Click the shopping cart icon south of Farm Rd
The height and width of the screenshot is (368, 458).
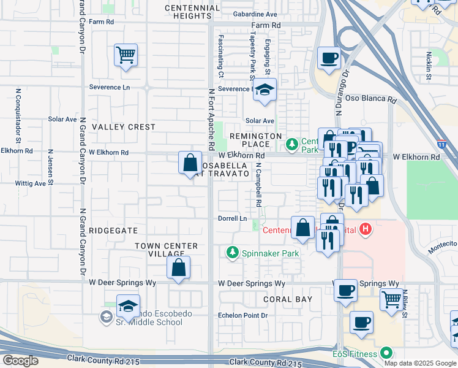126,56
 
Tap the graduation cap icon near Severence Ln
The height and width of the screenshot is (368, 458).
265,90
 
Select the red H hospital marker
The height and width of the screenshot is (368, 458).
366,230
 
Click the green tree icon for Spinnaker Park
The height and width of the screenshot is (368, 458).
232,252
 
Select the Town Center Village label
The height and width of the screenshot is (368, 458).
167,250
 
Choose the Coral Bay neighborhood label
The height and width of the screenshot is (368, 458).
288,299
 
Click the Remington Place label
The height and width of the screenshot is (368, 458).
255,140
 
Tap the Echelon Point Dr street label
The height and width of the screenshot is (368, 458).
243,315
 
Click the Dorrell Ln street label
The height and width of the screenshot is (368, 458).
233,218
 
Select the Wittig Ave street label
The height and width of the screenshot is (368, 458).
31,183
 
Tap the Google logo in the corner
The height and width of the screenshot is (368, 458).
20,360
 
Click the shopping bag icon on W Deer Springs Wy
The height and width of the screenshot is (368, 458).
178,268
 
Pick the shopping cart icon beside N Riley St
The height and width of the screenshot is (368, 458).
392,299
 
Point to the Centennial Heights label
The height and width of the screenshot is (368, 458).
193,12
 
